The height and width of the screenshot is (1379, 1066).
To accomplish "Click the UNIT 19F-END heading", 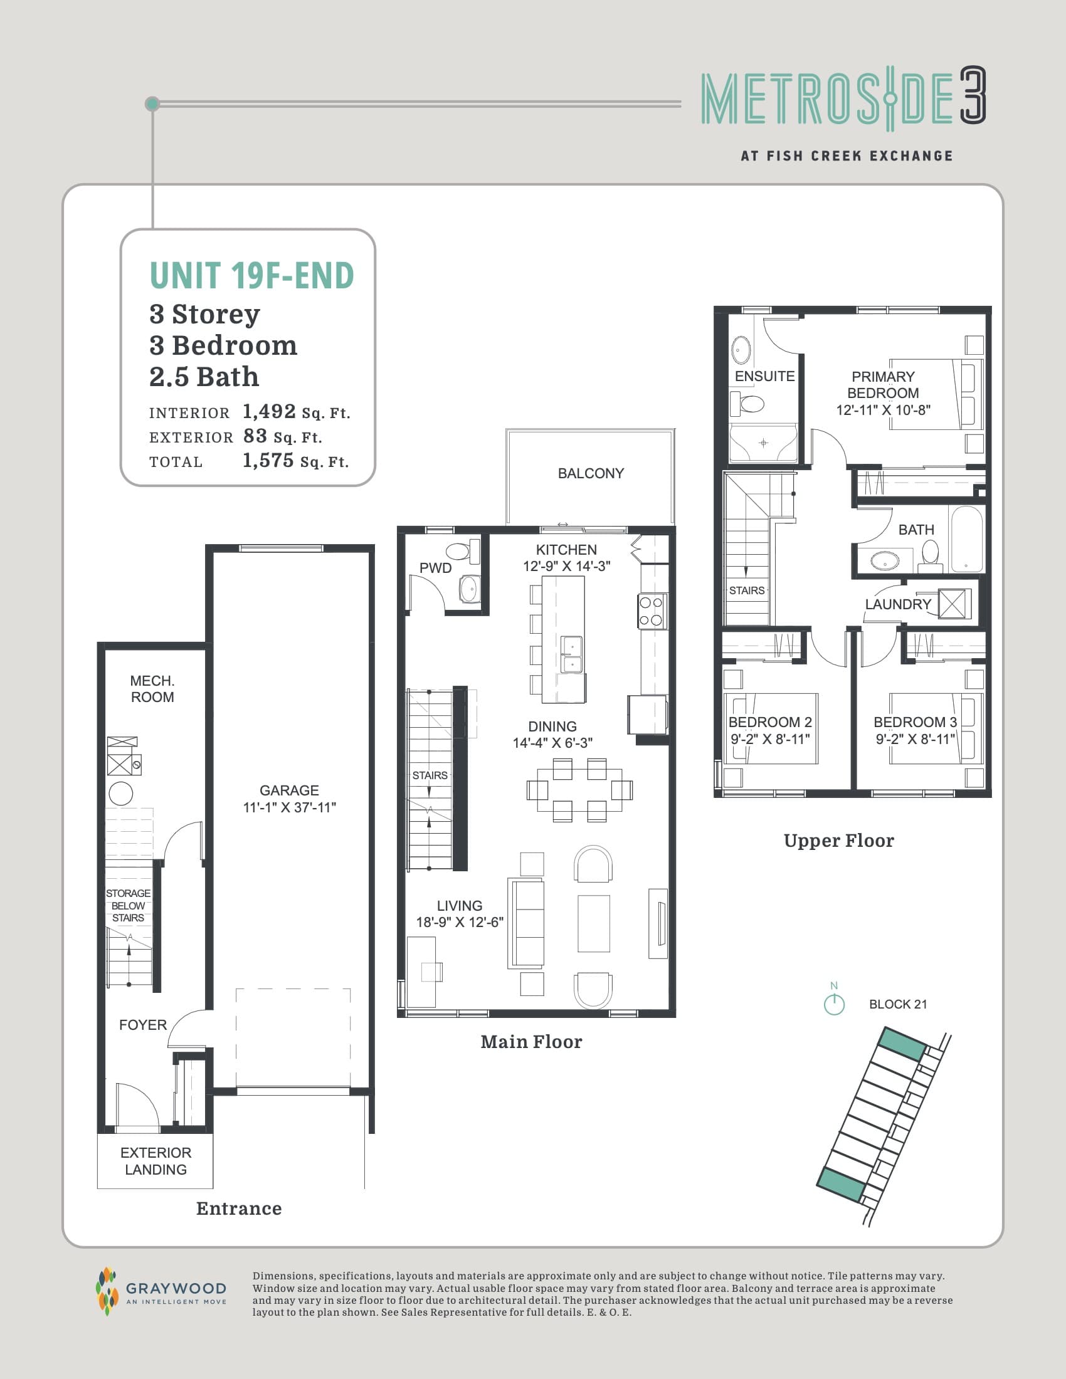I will (x=251, y=276).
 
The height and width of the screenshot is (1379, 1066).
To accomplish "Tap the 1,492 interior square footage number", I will (x=269, y=412).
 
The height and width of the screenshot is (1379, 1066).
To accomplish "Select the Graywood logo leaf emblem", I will (x=107, y=1291).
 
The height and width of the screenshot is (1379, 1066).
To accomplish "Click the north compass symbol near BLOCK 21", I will (x=834, y=1004).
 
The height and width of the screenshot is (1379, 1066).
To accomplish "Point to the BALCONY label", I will (x=591, y=473).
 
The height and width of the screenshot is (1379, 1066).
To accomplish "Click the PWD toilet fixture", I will (x=459, y=551).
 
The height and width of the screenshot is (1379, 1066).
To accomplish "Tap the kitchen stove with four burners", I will (x=651, y=611).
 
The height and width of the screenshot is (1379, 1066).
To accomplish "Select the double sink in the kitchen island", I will (x=571, y=654).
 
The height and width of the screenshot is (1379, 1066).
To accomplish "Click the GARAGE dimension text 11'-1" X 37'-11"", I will (x=289, y=807).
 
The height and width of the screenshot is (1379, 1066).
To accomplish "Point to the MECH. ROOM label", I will (x=152, y=689).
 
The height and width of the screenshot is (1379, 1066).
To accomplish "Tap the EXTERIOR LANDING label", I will (x=156, y=1160).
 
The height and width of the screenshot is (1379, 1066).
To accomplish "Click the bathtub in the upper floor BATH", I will (x=967, y=538).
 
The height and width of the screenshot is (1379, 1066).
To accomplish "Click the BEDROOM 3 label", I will (x=915, y=721).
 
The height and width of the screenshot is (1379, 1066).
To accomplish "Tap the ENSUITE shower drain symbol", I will (x=763, y=443).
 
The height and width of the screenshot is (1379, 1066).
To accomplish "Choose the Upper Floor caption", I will (x=838, y=841).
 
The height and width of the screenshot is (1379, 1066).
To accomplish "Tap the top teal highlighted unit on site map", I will (x=902, y=1044).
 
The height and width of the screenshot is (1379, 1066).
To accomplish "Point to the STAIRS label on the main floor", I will (x=430, y=775).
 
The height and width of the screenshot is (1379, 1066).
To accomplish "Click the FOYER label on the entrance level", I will (x=143, y=1025).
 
